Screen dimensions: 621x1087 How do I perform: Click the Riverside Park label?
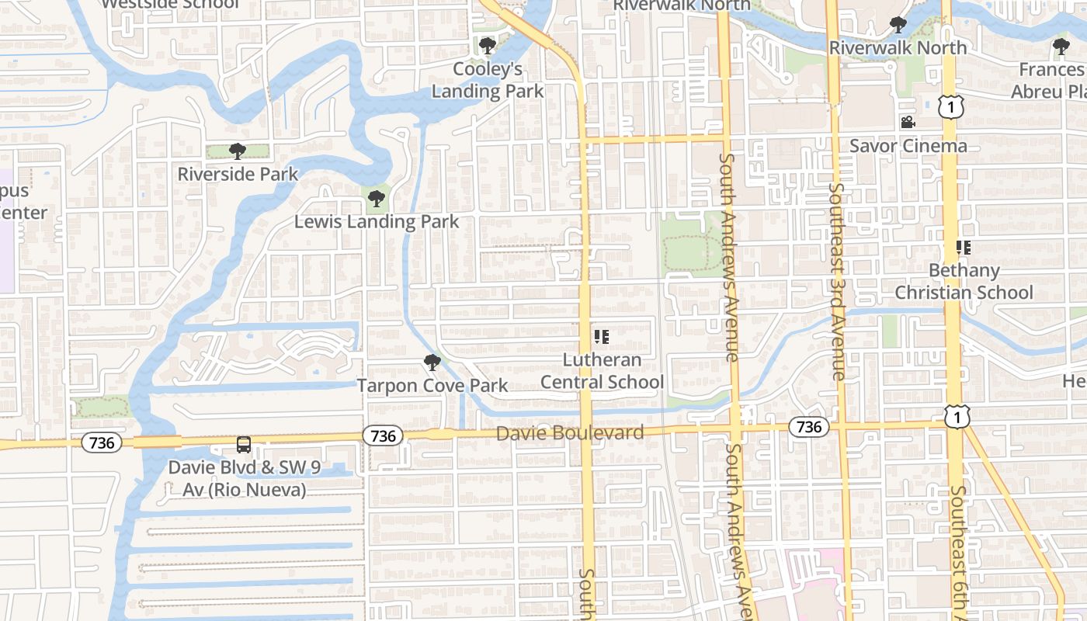pos(238,174)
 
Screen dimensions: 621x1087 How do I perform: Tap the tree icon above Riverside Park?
pos(238,151)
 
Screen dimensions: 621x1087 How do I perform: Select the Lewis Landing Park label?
pos(377,222)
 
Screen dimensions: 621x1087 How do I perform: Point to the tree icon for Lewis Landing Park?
pos(377,199)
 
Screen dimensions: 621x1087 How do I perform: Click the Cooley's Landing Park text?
pos(488,80)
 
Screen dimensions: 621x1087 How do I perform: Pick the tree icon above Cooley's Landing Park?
pos(488,46)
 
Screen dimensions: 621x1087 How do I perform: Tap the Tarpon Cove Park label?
pos(432,385)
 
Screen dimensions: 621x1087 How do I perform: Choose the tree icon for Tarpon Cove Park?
pos(432,362)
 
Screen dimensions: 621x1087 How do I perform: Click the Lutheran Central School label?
pos(602,371)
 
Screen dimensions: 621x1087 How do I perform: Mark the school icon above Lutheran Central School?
pos(601,337)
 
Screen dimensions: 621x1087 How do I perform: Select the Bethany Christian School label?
pos(964,281)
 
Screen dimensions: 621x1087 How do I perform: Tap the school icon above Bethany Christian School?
pos(964,248)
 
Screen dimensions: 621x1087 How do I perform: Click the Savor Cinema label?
pos(908,146)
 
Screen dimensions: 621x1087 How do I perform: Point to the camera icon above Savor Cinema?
pos(908,123)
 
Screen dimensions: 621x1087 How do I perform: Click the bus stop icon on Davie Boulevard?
pos(244,445)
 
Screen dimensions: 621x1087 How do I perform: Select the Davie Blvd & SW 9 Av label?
pos(238,479)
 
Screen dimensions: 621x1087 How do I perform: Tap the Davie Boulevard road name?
pos(570,433)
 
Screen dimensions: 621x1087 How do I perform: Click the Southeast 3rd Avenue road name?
pos(837,281)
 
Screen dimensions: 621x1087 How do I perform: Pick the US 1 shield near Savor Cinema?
pos(951,107)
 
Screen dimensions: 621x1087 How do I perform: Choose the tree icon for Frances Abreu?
pos(1061,47)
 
